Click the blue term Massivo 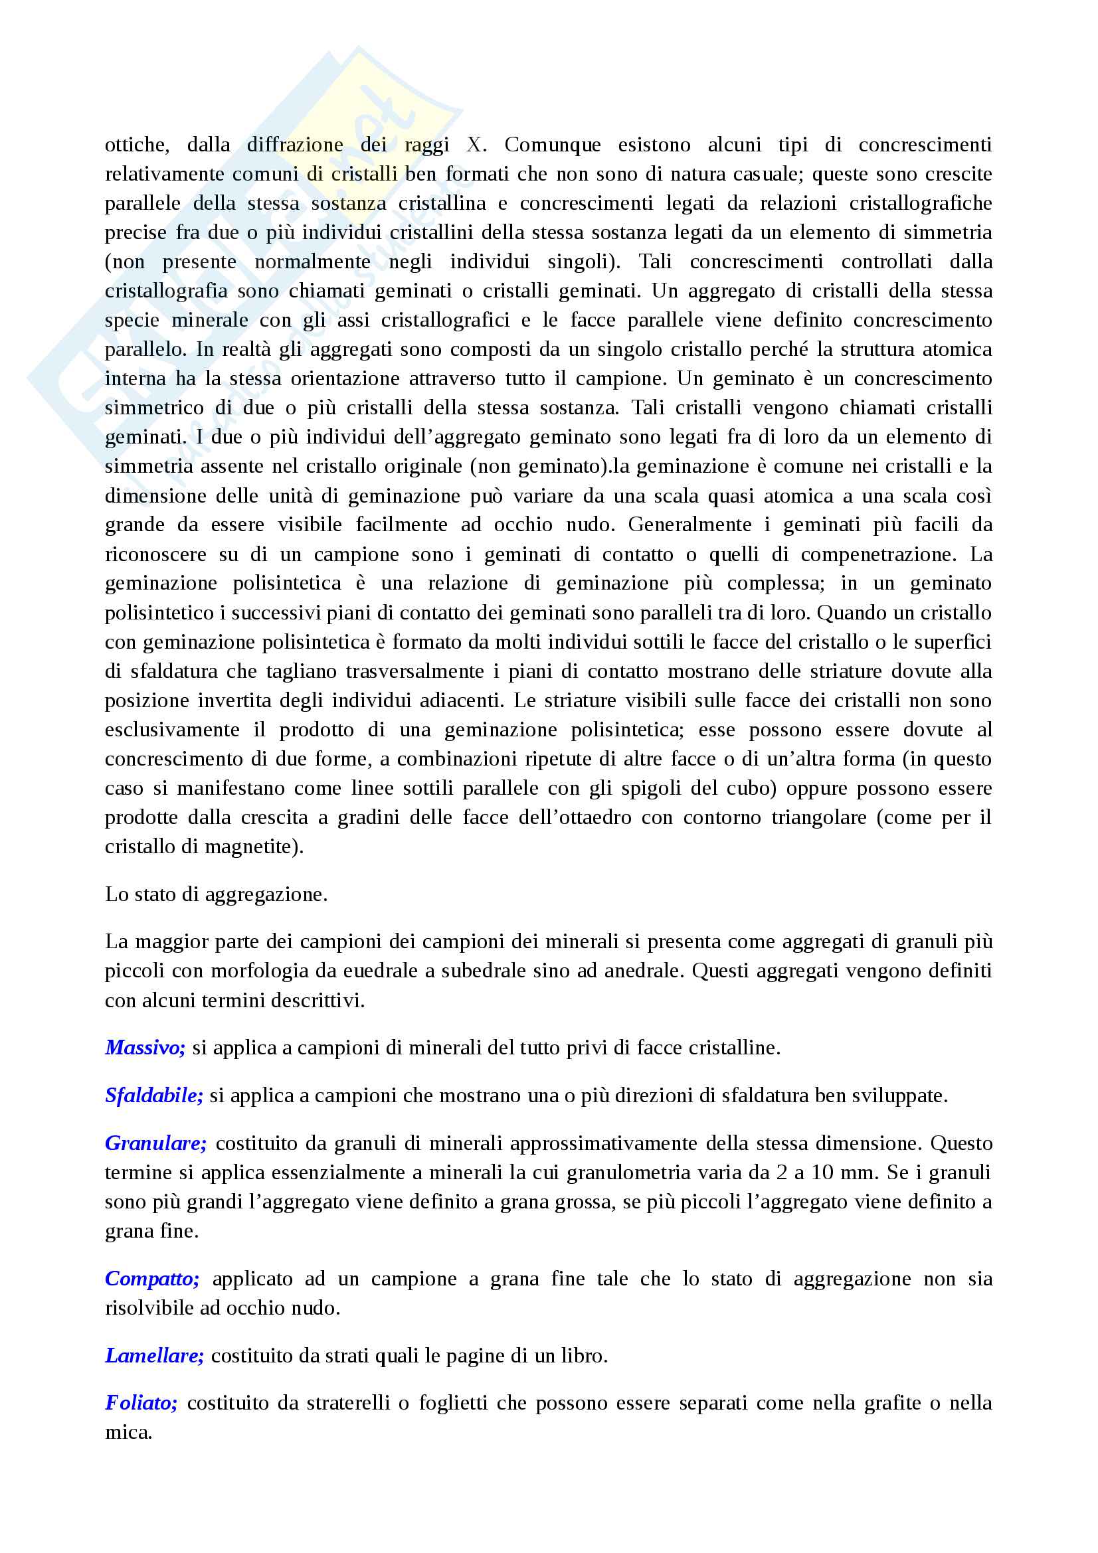coord(145,1048)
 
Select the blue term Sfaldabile coord(153,1095)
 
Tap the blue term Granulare coord(155,1143)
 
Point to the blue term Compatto coord(152,1278)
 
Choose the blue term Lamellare coord(154,1356)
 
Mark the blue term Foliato coord(141,1403)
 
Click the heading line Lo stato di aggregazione coord(216,894)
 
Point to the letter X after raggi coord(474,145)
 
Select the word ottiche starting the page coord(136,145)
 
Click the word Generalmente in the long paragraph coord(689,525)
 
